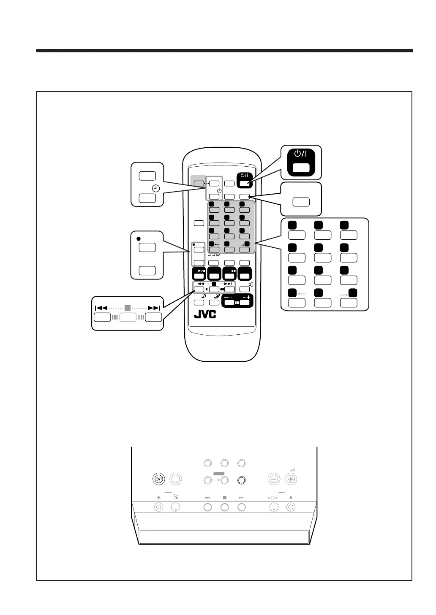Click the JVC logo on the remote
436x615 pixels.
click(205, 315)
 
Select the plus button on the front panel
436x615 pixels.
click(291, 479)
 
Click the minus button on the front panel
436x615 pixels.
click(274, 479)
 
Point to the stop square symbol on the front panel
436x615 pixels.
click(225, 498)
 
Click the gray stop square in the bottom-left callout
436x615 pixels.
click(128, 308)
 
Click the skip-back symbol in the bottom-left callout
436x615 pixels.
click(101, 308)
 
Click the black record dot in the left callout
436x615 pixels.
click(138, 238)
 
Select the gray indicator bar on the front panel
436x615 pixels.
click(219, 474)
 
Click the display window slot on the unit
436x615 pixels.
click(224, 537)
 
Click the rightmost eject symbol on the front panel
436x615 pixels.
click(291, 498)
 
